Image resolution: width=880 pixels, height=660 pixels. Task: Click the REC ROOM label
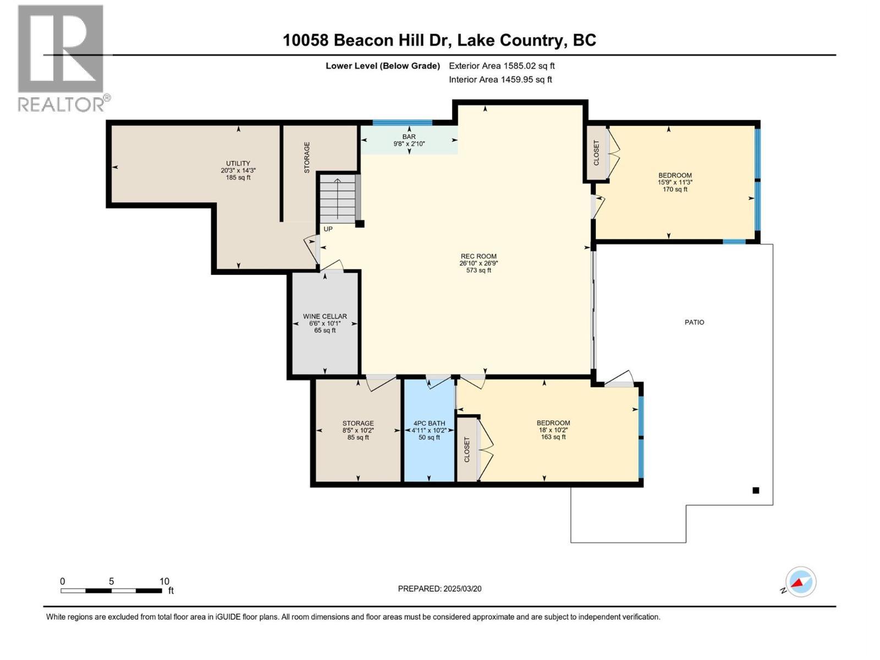click(x=479, y=263)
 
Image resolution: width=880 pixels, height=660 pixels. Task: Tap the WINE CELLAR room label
click(x=325, y=323)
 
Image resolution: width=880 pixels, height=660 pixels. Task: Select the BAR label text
click(x=409, y=140)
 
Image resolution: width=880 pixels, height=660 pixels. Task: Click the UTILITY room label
click(x=238, y=170)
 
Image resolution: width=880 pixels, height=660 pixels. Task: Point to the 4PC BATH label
click(x=429, y=430)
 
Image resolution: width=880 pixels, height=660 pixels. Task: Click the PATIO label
click(x=694, y=322)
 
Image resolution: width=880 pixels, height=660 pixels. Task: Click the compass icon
click(x=801, y=582)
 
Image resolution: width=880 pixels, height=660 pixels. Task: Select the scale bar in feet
click(x=112, y=590)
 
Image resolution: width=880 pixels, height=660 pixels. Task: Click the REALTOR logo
click(x=61, y=58)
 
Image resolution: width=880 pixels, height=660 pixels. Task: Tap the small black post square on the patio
click(x=756, y=490)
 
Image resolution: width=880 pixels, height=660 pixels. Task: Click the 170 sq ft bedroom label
click(x=675, y=182)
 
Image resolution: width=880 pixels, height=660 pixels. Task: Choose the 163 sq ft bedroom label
click(x=553, y=430)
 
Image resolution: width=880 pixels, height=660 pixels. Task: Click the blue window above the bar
click(x=402, y=123)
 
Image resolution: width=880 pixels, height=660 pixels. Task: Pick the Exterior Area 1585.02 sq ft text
click(x=502, y=65)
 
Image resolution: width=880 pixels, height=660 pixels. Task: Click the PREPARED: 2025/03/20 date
click(x=439, y=588)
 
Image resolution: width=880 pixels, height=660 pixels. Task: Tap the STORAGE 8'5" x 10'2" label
click(x=358, y=430)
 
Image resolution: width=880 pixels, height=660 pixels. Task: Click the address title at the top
click(x=439, y=40)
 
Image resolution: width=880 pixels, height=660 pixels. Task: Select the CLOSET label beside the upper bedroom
click(x=596, y=152)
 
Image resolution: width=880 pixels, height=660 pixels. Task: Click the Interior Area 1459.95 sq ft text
click(x=501, y=79)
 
